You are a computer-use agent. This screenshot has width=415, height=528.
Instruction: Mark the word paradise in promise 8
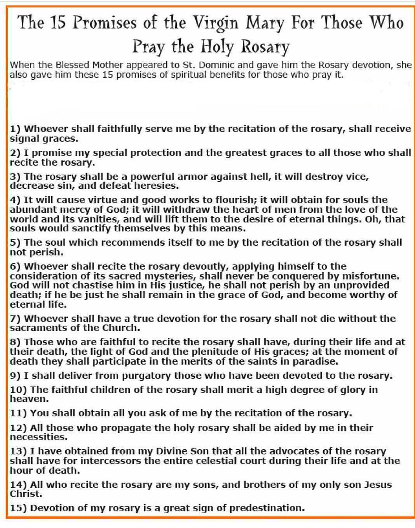tap(315, 361)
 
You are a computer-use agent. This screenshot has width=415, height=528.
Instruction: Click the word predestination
tap(267, 508)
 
